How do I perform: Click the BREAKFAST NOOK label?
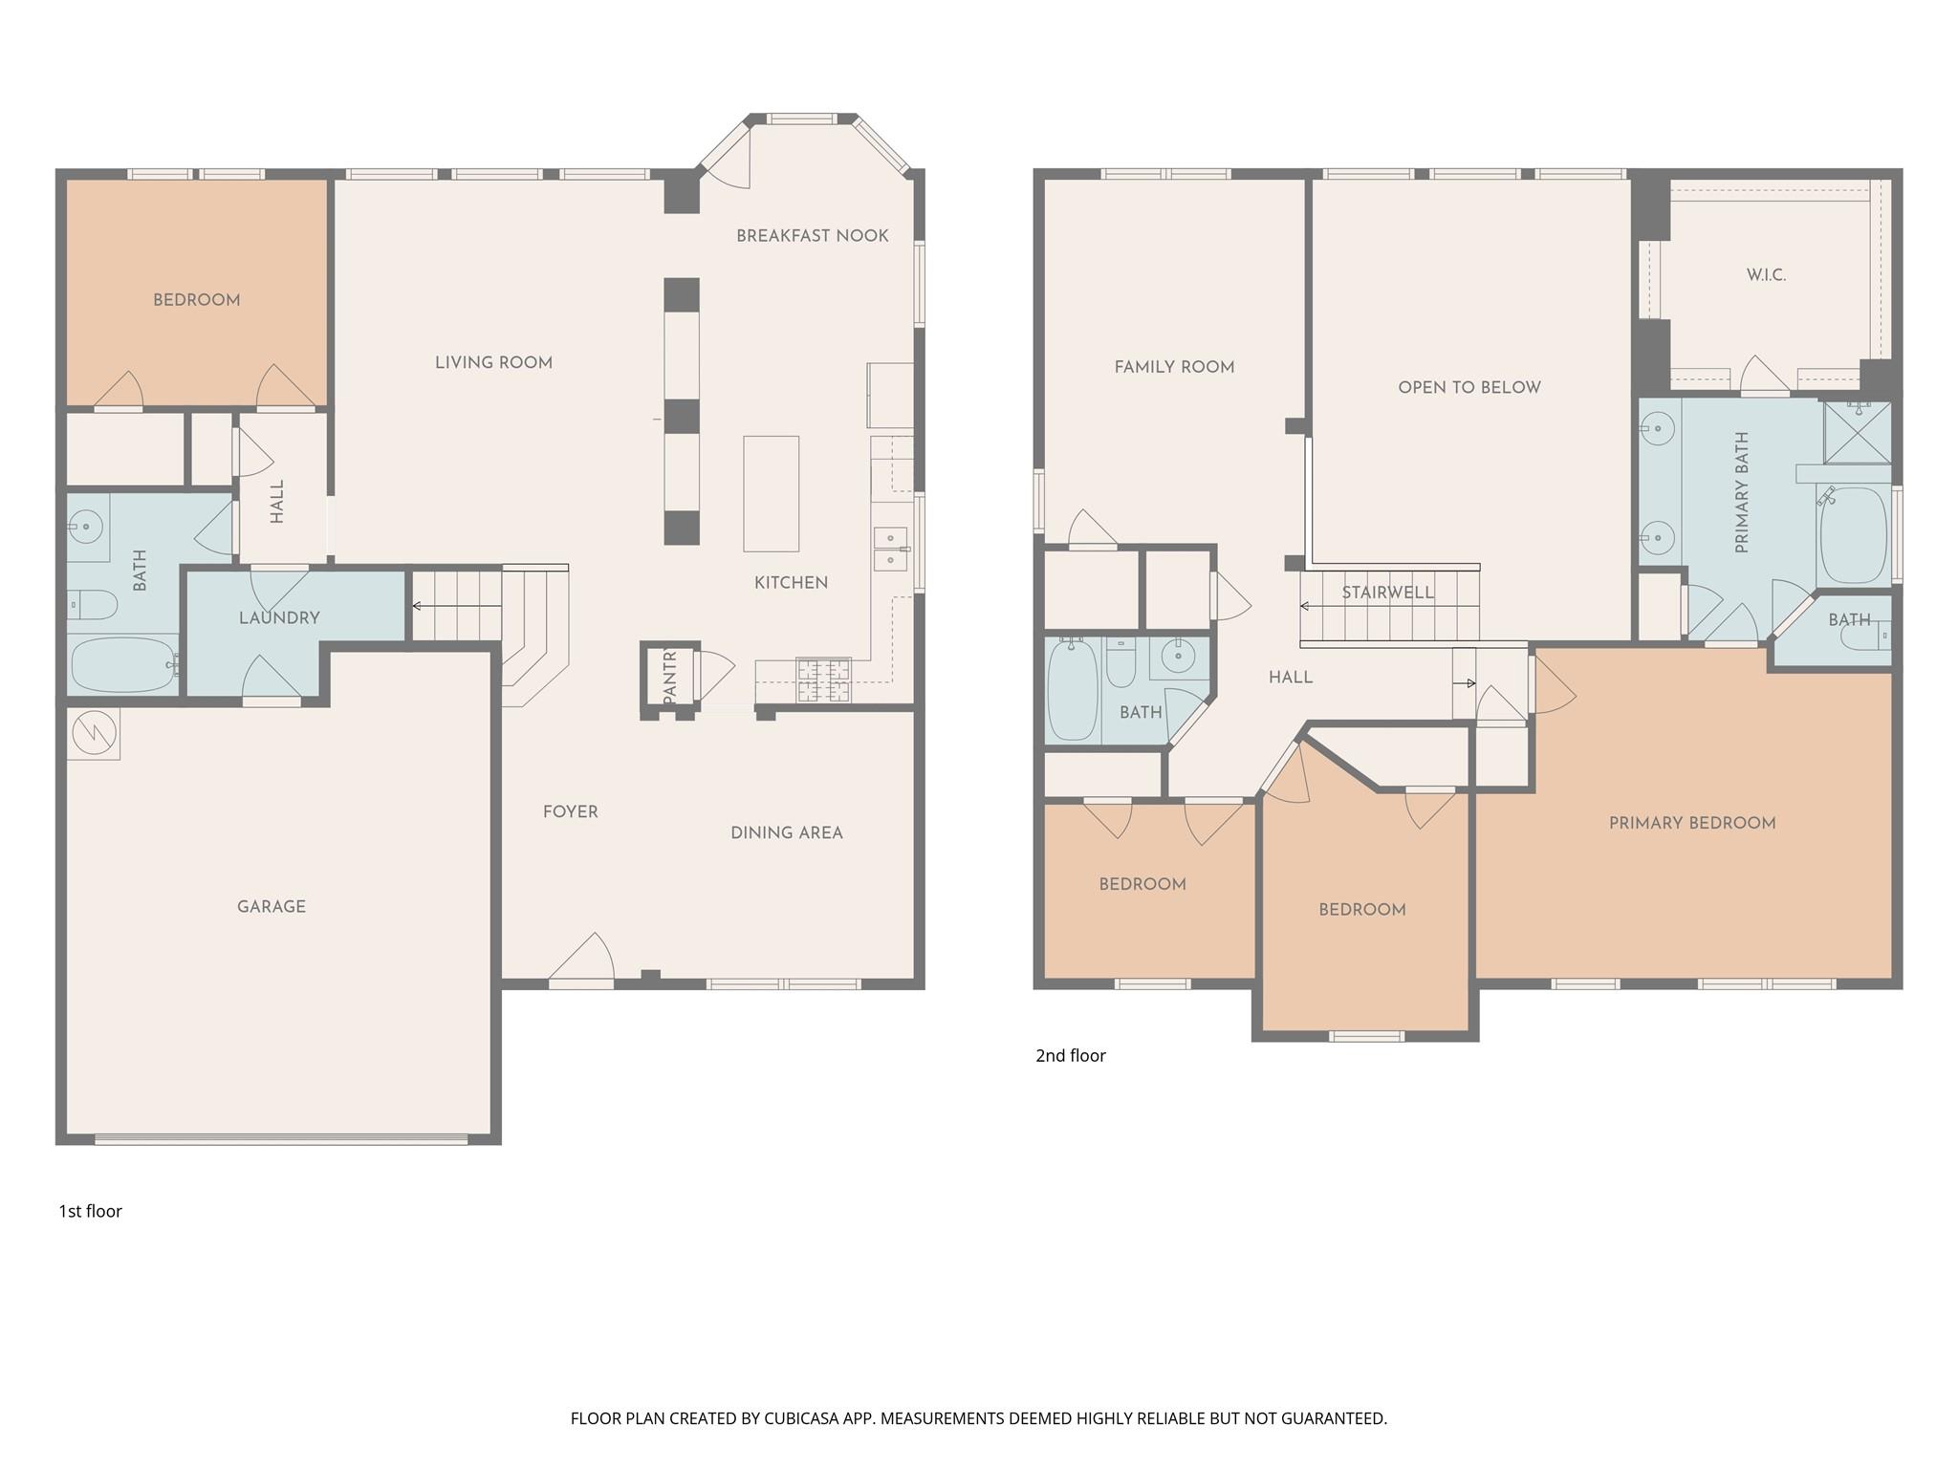pos(812,236)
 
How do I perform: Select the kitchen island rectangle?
pos(771,493)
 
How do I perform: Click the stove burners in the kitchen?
pos(823,680)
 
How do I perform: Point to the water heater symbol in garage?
pos(94,734)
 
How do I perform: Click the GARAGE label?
pos(272,906)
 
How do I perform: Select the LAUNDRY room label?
pos(279,618)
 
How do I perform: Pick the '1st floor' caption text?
pos(91,1211)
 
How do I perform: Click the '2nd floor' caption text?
pos(1071,1055)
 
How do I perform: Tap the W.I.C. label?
pos(1766,275)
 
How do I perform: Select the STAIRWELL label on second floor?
pos(1387,593)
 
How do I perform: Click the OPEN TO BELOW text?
pos(1469,387)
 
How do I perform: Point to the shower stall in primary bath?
pos(1857,433)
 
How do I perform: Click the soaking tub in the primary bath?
pos(1853,535)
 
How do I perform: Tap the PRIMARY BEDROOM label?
pos(1692,823)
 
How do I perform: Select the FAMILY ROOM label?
pos(1174,367)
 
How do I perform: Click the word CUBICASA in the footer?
pos(800,1418)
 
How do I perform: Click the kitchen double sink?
pos(890,549)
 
